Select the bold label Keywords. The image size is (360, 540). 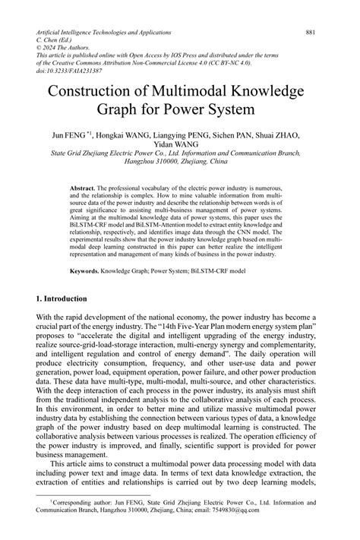pyautogui.click(x=86, y=270)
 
